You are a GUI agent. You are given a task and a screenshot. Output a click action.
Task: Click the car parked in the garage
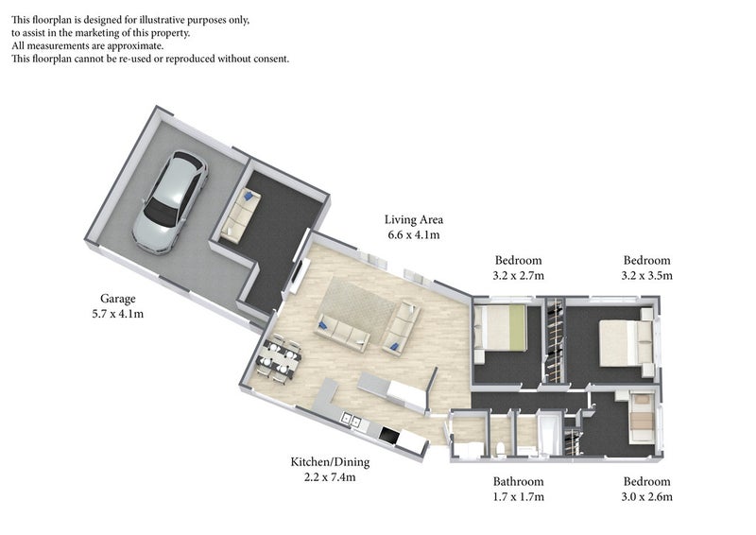coord(170,201)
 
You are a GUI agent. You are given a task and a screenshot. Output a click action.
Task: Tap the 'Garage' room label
coord(117,299)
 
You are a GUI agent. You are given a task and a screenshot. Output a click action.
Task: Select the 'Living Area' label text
coord(414,219)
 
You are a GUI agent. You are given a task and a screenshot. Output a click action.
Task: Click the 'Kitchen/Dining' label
coord(330,462)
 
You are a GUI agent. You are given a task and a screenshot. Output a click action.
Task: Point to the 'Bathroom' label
coord(518,481)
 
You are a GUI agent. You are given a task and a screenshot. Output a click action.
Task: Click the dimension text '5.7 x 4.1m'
coord(117,314)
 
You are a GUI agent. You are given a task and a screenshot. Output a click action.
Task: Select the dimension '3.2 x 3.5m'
coord(646,276)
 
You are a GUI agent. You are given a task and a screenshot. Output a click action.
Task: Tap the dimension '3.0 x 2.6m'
coord(646,497)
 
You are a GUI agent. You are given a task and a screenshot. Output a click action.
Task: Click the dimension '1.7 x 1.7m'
coord(518,497)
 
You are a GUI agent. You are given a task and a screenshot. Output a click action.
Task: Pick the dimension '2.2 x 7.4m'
coord(330,477)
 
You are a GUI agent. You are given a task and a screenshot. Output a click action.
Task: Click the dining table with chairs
coord(279,357)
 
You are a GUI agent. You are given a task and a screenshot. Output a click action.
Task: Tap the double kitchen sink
coord(351,421)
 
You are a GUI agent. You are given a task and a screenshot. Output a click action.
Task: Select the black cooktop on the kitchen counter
coord(389,435)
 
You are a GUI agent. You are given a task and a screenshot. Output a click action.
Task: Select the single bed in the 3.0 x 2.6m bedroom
coord(642,418)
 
